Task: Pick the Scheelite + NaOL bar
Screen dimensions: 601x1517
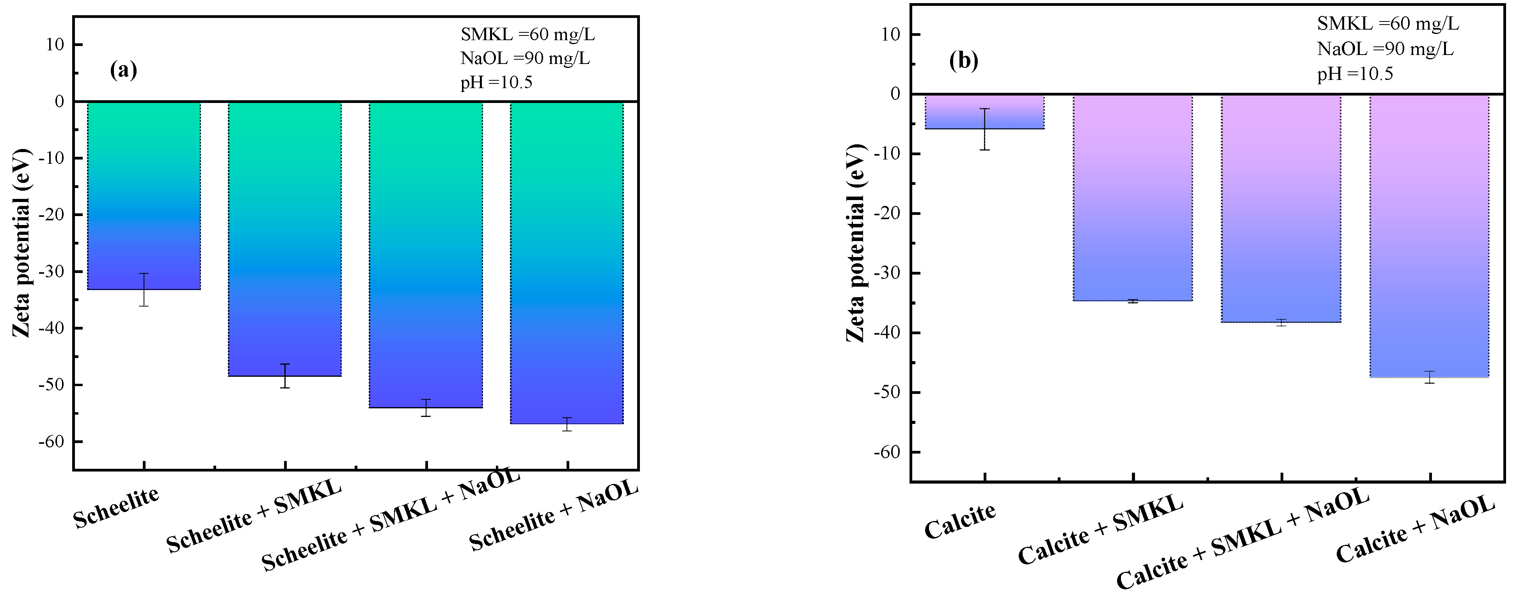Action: pyautogui.click(x=567, y=262)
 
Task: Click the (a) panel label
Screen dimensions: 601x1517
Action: pyautogui.click(x=124, y=70)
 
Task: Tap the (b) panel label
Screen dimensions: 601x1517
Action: pyautogui.click(x=963, y=60)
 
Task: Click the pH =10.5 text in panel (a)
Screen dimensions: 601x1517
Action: pyautogui.click(x=496, y=82)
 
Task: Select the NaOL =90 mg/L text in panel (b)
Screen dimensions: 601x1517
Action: pyautogui.click(x=1385, y=49)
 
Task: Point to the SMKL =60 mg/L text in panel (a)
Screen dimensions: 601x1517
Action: pyautogui.click(x=528, y=35)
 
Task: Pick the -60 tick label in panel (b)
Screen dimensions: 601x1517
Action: pyautogui.click(x=887, y=452)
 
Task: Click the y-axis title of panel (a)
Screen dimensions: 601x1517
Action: pyautogui.click(x=21, y=243)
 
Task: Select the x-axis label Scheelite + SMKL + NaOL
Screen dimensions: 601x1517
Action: pyautogui.click(x=391, y=521)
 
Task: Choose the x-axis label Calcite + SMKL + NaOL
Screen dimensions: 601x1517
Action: pyautogui.click(x=1243, y=539)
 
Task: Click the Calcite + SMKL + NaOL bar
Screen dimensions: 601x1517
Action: pyautogui.click(x=1281, y=209)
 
